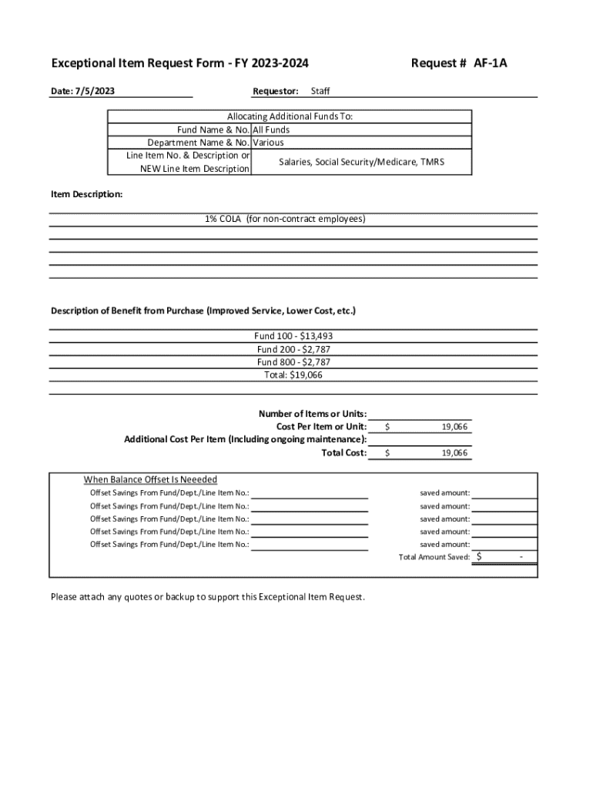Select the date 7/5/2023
(94, 92)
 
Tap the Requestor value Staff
(320, 92)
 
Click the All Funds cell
(271, 130)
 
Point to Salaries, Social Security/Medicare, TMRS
(361, 162)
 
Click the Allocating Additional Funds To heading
(290, 117)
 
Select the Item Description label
(86, 195)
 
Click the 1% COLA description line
(285, 220)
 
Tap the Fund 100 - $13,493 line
(293, 337)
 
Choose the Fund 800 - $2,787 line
(293, 362)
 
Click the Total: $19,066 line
(293, 375)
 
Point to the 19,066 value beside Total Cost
(454, 454)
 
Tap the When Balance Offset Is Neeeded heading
(150, 479)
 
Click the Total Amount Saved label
(434, 557)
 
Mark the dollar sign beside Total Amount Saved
(480, 556)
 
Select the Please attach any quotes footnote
(208, 597)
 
